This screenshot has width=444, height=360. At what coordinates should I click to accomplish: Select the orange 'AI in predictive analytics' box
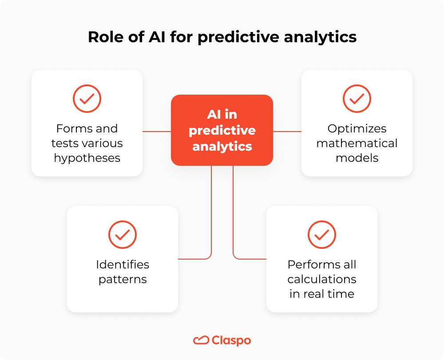pos(222,130)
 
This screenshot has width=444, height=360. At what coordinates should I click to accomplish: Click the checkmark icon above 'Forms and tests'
pos(87,99)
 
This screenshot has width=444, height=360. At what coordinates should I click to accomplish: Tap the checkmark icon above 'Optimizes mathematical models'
pos(357,99)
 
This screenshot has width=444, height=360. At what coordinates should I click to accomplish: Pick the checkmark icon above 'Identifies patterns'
pos(123,234)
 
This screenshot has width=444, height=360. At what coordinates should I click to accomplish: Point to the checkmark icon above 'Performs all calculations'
pos(321,234)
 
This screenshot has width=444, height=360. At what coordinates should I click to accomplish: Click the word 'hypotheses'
pos(87,158)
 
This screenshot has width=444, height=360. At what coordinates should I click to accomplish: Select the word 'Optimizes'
pos(357,129)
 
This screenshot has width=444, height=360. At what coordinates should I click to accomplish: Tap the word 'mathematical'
pos(357,144)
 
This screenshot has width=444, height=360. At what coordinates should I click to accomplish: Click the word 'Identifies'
pos(123,264)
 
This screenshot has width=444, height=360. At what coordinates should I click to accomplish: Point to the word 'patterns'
pos(123,280)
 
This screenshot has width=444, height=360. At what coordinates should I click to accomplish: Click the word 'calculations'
pos(321,279)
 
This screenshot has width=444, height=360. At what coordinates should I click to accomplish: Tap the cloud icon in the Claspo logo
pos(201,340)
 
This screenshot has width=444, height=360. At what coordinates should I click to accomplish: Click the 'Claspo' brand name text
pos(231,341)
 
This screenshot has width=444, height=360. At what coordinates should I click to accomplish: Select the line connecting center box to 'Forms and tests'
pos(157,132)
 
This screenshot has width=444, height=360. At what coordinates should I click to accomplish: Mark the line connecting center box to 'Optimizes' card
pos(287,132)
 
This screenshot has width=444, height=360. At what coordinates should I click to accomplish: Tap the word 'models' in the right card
pos(357,158)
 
